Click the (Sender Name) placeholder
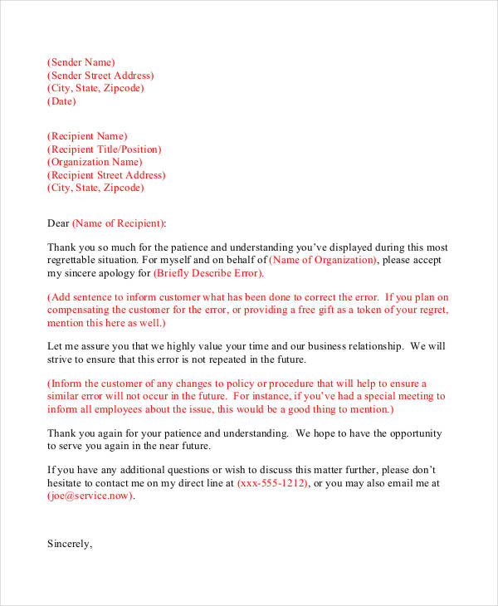click(x=81, y=62)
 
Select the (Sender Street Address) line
click(x=100, y=76)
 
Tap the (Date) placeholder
click(x=61, y=102)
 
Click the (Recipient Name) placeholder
click(x=87, y=136)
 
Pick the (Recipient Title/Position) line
click(x=104, y=149)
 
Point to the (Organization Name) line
click(x=95, y=162)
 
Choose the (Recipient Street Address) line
click(x=106, y=175)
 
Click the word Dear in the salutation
click(x=58, y=223)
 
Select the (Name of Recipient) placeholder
click(x=119, y=223)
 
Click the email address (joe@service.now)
click(x=90, y=496)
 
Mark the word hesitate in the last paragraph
click(x=66, y=482)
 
